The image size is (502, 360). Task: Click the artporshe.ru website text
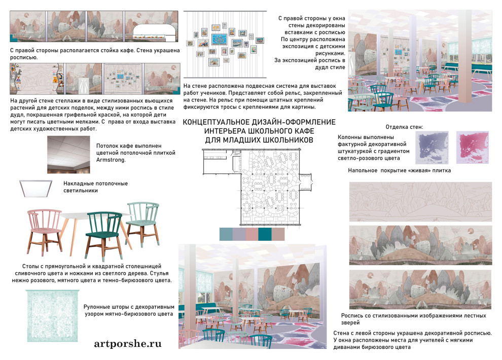(x=128, y=344)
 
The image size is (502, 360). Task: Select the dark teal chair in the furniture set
(x=104, y=235)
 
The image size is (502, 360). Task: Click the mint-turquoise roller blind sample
(x=52, y=315)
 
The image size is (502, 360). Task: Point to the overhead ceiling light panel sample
(x=36, y=189)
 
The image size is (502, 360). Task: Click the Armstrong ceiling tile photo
(x=68, y=155)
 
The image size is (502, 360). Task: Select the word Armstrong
(x=111, y=160)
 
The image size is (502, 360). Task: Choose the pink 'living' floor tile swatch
(x=472, y=147)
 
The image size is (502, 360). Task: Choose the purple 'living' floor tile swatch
(x=432, y=147)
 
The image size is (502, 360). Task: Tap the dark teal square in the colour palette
(x=265, y=234)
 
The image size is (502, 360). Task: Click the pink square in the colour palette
(x=252, y=234)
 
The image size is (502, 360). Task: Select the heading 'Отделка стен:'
(x=404, y=127)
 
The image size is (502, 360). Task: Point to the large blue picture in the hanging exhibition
(x=219, y=40)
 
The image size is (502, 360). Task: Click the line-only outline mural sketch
(x=420, y=202)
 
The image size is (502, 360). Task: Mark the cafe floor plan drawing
(x=257, y=187)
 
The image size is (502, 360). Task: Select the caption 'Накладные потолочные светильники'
(x=95, y=187)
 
